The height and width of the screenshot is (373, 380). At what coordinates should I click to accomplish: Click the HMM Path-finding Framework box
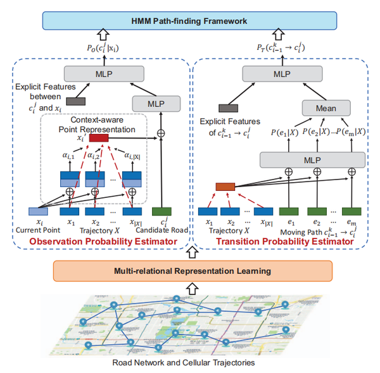click(190, 21)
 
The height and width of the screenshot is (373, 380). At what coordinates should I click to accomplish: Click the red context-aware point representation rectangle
click(99, 138)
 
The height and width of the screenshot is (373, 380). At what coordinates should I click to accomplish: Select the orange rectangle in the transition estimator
click(225, 186)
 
